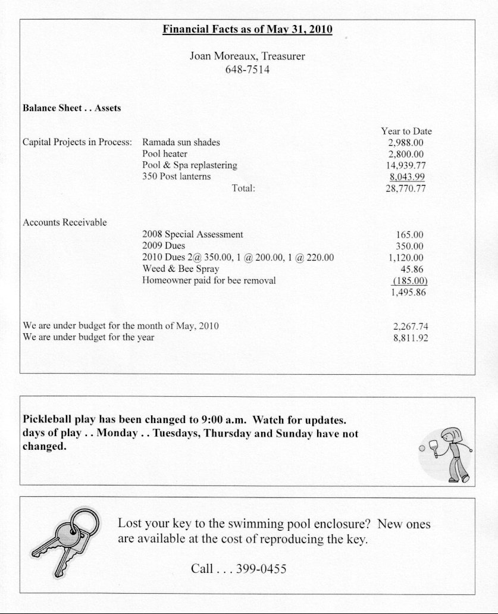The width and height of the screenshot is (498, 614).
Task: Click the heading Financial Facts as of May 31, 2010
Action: [x=247, y=29]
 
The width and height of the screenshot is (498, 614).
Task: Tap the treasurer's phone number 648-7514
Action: [x=247, y=70]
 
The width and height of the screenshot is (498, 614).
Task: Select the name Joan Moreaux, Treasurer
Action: [x=247, y=57]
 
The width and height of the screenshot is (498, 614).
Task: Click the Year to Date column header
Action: [x=406, y=131]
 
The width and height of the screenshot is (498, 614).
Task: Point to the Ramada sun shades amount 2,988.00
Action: [x=405, y=143]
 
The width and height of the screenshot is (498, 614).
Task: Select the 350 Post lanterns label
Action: [x=176, y=177]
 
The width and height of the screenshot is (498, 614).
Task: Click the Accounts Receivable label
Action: [x=65, y=223]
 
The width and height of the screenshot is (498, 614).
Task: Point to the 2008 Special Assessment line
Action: [x=193, y=235]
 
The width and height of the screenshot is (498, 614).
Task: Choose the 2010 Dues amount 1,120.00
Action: [x=406, y=258]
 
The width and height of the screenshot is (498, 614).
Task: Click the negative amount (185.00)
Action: [x=411, y=281]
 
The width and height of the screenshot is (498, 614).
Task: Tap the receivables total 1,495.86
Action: [x=408, y=293]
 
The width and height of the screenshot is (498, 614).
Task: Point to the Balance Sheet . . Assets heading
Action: [x=71, y=108]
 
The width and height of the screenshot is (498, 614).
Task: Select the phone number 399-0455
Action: [x=261, y=569]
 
